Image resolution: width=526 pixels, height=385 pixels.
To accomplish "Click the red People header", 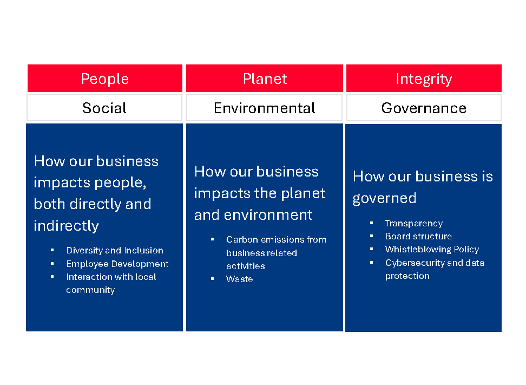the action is [104, 78].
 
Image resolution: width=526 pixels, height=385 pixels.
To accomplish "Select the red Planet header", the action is [264, 78].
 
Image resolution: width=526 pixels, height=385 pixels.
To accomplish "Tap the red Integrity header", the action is [424, 78].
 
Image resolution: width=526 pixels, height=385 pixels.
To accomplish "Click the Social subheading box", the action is [104, 107].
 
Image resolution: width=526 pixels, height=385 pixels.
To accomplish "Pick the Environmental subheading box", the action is [264, 107].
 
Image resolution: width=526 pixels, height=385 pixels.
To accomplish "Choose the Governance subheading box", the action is [424, 107].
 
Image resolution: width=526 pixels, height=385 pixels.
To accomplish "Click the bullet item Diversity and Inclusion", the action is [115, 250].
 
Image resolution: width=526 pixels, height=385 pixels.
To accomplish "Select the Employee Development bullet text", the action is [117, 264].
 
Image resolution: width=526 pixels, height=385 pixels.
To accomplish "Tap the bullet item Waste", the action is [240, 279].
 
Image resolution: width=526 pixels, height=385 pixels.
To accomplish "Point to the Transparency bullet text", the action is [414, 224].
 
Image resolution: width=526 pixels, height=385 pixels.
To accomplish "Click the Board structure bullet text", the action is [419, 236].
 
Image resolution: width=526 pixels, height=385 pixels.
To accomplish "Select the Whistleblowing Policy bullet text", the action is [432, 250].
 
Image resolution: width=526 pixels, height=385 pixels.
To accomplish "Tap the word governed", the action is [384, 198].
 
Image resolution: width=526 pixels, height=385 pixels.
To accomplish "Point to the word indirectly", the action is [66, 226].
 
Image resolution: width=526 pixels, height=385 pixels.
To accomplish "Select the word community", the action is [90, 290].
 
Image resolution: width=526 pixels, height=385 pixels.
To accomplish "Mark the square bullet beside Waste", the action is [212, 278].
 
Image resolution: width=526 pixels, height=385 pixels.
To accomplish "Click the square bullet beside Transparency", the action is [371, 223].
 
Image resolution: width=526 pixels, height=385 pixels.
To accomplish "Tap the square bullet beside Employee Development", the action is [52, 264].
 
